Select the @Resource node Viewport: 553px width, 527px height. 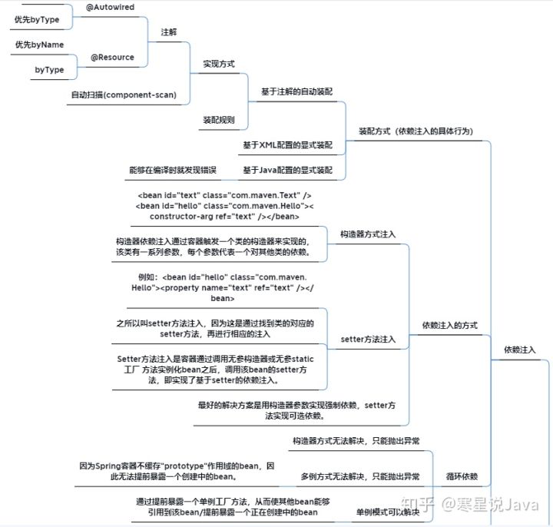pyautogui.click(x=112, y=57)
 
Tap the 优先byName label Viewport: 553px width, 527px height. pyautogui.click(x=39, y=45)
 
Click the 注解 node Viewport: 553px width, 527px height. pyautogui.click(x=168, y=32)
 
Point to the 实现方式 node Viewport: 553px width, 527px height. pyautogui.click(x=218, y=63)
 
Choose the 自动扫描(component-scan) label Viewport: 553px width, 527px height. pyautogui.click(x=124, y=94)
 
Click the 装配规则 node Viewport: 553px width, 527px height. pyautogui.click(x=218, y=121)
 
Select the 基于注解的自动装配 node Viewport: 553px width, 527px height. pyautogui.click(x=297, y=91)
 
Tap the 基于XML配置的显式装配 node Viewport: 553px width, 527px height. pyautogui.click(x=288, y=145)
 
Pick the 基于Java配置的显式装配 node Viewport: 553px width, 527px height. pyautogui.click(x=288, y=170)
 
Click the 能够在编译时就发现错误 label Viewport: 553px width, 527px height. pyautogui.click(x=173, y=170)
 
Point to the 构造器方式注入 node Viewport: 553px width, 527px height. pyautogui.click(x=369, y=234)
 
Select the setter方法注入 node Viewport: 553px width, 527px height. pyautogui.click(x=369, y=339)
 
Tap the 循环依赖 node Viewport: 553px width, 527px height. pyautogui.click(x=462, y=476)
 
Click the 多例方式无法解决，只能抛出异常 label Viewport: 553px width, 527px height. pyautogui.click(x=360, y=476)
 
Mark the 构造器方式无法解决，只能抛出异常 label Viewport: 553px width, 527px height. pyautogui.click(x=356, y=441)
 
